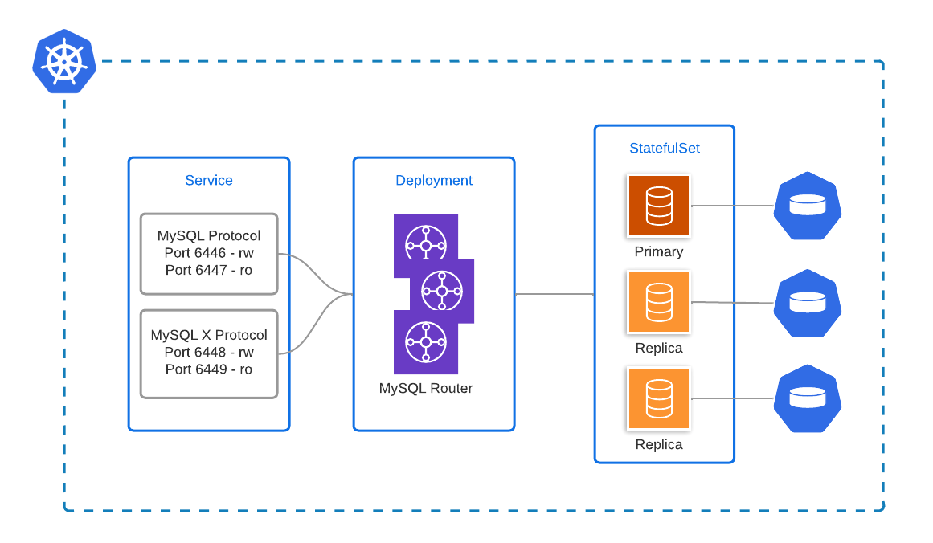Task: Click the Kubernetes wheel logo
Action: pyautogui.click(x=64, y=62)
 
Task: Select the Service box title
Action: pyautogui.click(x=209, y=181)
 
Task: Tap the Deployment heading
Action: pyautogui.click(x=434, y=181)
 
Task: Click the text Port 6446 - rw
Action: pyautogui.click(x=209, y=253)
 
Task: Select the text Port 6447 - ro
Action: pyautogui.click(x=209, y=271)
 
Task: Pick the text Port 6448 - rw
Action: pyautogui.click(x=209, y=352)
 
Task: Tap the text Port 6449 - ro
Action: pyautogui.click(x=209, y=369)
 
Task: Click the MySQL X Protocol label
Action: pyautogui.click(x=209, y=335)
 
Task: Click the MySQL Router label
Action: pyautogui.click(x=426, y=389)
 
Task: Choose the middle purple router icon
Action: pyautogui.click(x=442, y=290)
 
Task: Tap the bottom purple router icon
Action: pyautogui.click(x=425, y=343)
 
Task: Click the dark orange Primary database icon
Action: pyautogui.click(x=659, y=206)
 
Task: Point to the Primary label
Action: pyautogui.click(x=659, y=252)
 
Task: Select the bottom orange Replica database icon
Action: pyautogui.click(x=659, y=398)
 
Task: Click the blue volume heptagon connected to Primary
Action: pyautogui.click(x=808, y=206)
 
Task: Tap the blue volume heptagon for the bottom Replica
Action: pyautogui.click(x=808, y=398)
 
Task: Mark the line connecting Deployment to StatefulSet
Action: pyautogui.click(x=554, y=295)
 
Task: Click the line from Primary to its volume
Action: pyautogui.click(x=731, y=206)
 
